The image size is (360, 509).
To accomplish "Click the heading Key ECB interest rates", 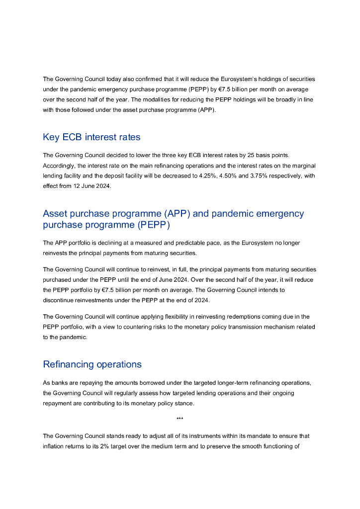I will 92,137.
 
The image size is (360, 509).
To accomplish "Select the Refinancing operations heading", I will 92,364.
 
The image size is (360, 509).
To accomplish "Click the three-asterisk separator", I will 180,419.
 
